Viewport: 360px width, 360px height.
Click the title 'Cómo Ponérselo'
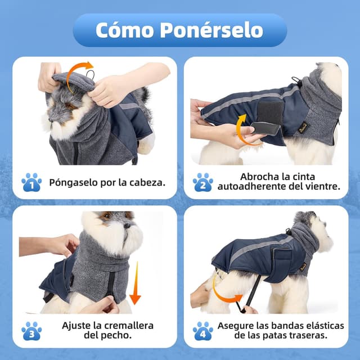click(179, 30)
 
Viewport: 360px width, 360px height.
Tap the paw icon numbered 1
click(31, 182)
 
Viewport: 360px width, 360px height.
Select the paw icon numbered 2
click(202, 182)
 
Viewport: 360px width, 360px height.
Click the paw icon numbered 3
click(31, 331)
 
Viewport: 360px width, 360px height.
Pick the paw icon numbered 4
click(202, 331)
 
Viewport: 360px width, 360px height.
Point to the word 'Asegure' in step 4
click(240, 326)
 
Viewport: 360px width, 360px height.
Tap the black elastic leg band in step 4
click(251, 292)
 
